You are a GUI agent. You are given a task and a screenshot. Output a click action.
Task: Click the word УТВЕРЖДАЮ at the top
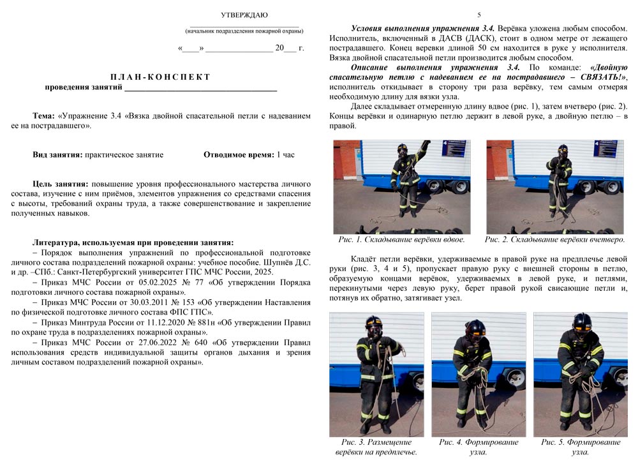(244, 15)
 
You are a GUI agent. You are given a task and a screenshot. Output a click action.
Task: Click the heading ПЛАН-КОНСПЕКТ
(160, 77)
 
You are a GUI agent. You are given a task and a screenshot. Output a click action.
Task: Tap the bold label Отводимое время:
(238, 154)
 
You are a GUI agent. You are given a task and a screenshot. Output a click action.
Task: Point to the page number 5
(479, 15)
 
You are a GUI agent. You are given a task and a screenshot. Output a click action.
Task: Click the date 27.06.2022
(135, 343)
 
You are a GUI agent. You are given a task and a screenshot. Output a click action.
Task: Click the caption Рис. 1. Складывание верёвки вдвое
(401, 240)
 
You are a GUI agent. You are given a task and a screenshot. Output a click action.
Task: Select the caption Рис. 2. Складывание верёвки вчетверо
(554, 240)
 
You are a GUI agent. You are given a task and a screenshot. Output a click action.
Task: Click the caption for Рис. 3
(376, 447)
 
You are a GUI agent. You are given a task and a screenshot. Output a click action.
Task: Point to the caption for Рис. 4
(478, 447)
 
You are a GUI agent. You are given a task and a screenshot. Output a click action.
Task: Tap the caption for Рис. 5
(580, 447)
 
